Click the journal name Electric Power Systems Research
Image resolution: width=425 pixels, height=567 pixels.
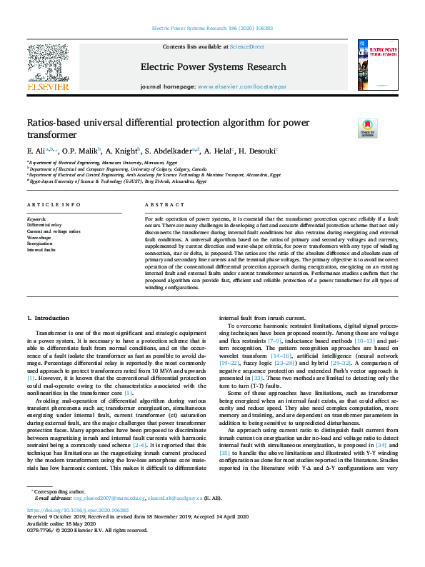click(213, 68)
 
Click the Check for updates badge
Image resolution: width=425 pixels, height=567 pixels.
click(367, 128)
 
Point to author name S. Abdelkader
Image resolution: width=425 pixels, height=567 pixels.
click(170, 151)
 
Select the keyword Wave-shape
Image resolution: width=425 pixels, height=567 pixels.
click(39, 237)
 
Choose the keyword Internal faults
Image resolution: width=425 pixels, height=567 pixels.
click(41, 250)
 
